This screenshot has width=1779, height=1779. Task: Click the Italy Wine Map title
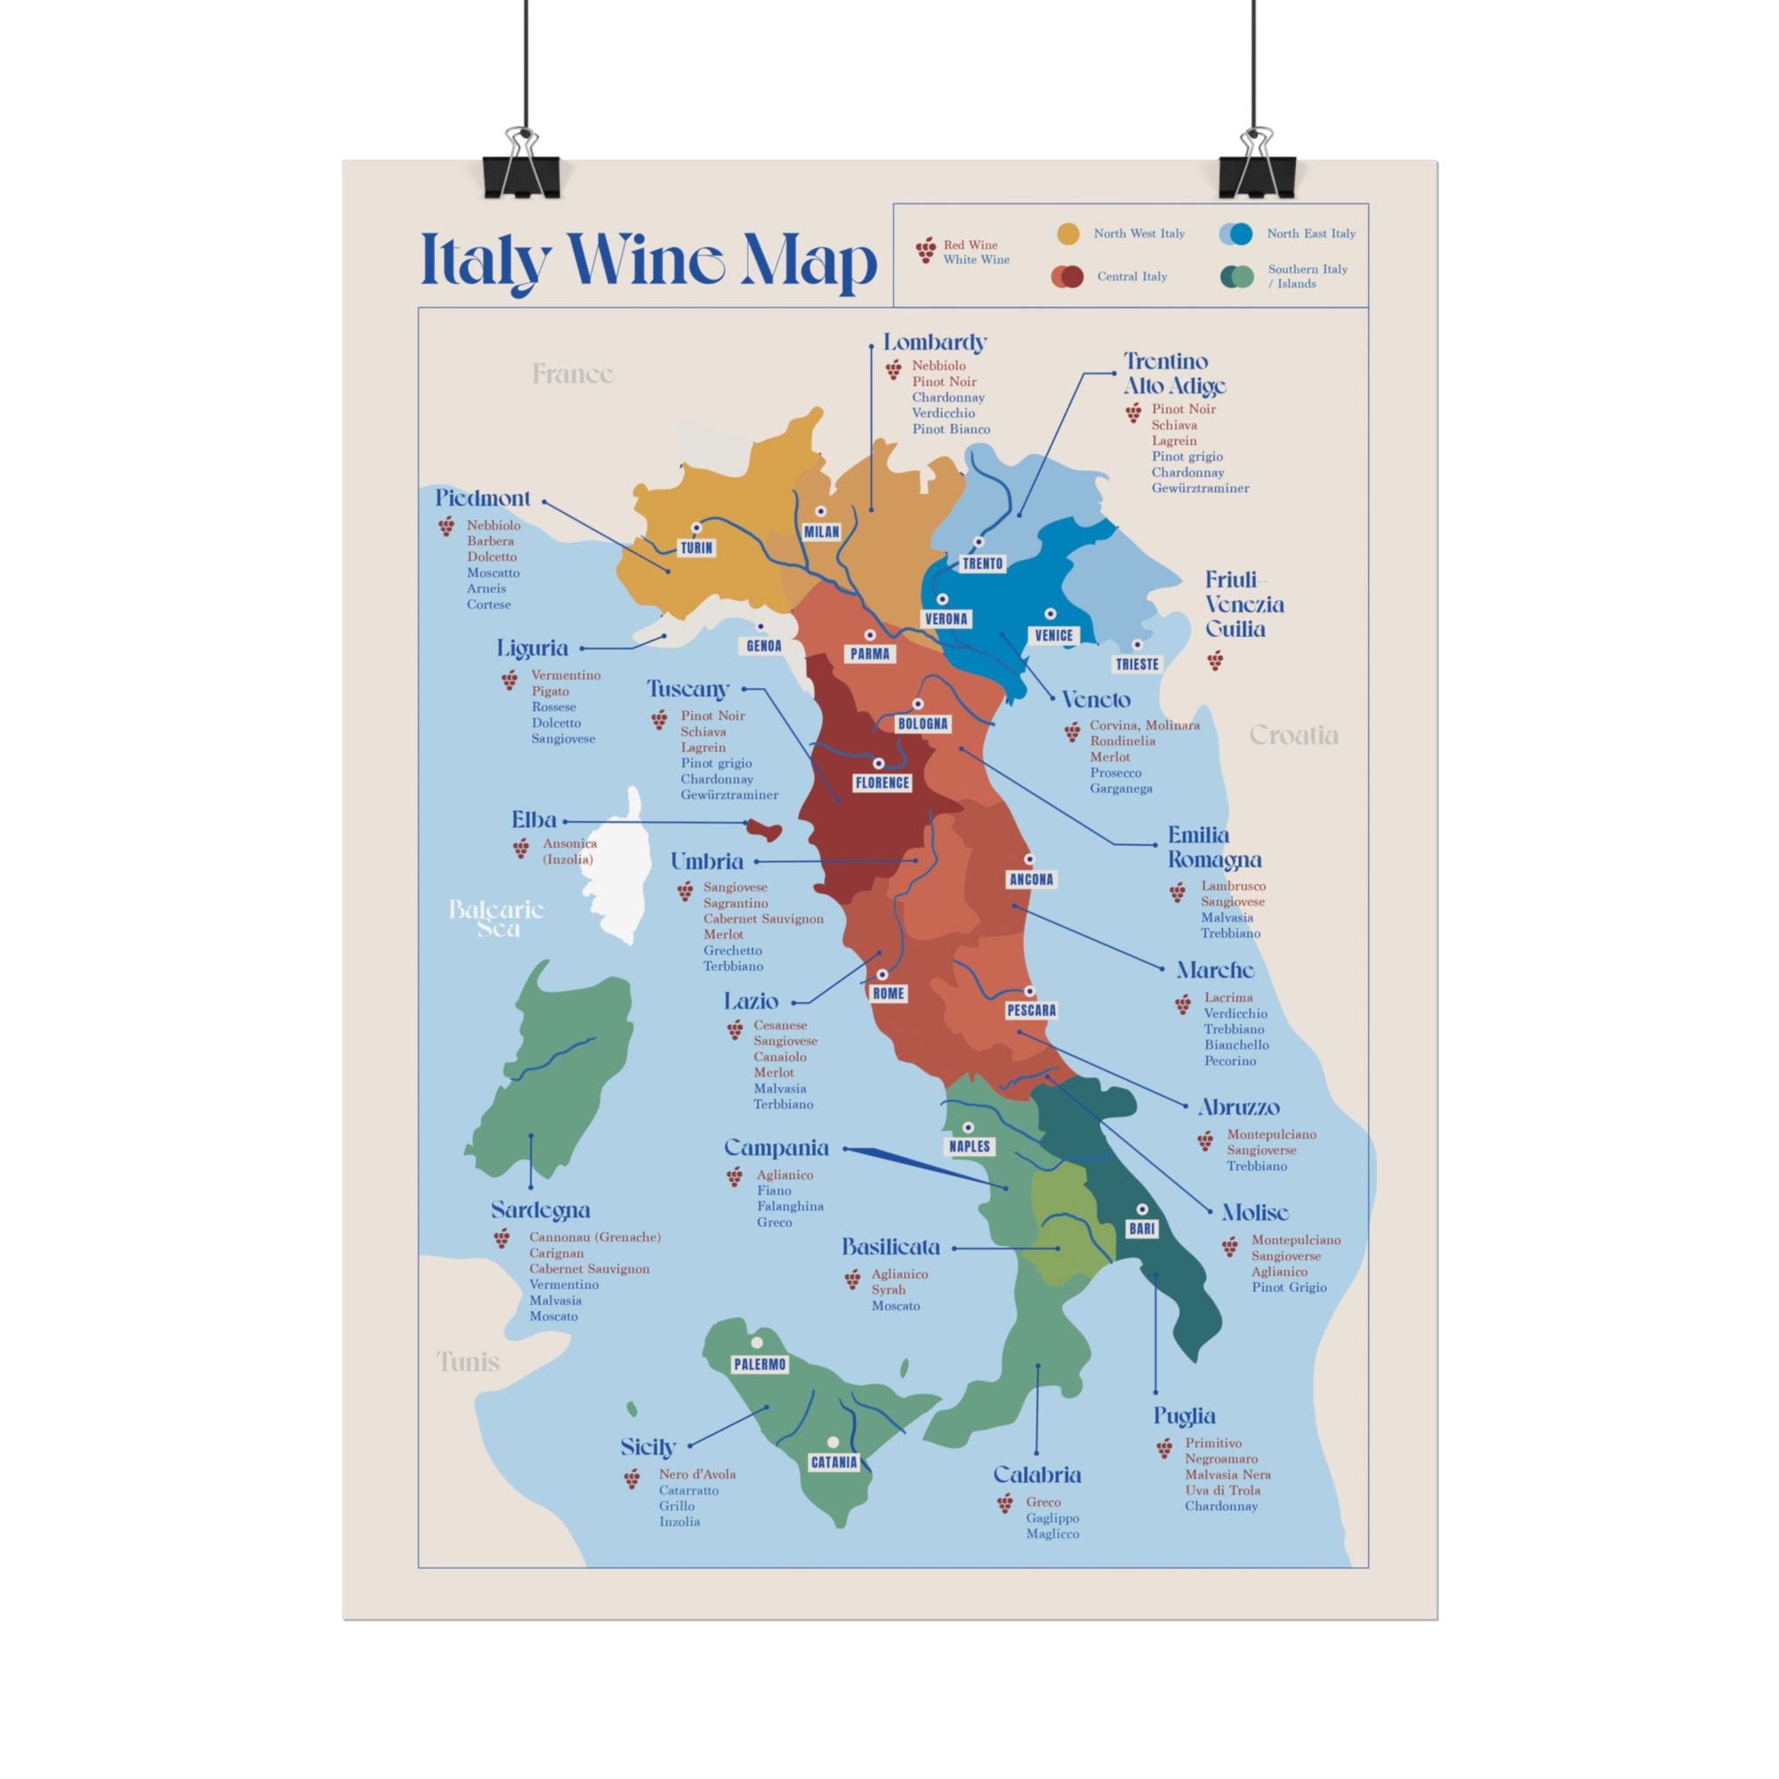point(648,262)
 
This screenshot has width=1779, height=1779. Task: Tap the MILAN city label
point(821,531)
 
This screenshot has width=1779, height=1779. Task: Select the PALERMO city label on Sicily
point(760,1364)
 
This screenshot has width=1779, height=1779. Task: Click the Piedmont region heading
point(482,498)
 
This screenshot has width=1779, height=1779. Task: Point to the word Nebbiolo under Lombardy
point(938,366)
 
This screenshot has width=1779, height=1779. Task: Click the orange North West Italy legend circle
point(1068,234)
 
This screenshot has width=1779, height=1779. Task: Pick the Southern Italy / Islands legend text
point(1307,277)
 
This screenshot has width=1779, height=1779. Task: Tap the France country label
point(573,374)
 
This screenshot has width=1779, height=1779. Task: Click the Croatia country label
point(1292,735)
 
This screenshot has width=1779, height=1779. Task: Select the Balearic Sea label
point(496,918)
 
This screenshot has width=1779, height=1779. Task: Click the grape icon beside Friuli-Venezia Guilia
point(1215,660)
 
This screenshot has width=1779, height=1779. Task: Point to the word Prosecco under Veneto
point(1115,773)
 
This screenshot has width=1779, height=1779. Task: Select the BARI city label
point(1142,1228)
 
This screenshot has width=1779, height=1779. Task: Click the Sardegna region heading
point(541,1210)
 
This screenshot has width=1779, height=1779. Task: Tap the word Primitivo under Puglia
point(1212,1443)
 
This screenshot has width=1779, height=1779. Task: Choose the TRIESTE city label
point(1137,664)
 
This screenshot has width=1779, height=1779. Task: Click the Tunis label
point(468,1361)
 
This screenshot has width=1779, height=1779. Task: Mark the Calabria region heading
point(1037,1474)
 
